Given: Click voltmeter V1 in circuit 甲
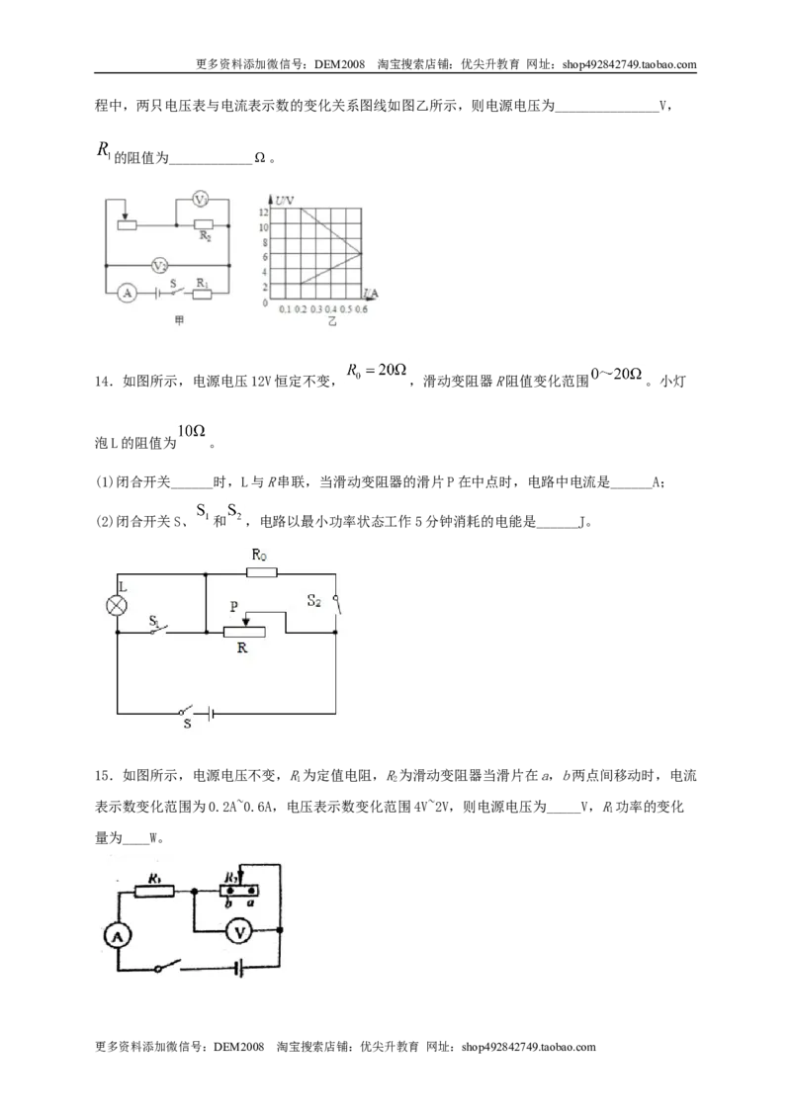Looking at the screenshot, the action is [x=202, y=199].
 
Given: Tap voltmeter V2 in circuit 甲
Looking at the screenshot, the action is [x=159, y=266].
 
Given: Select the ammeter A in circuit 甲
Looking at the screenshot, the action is [x=128, y=293].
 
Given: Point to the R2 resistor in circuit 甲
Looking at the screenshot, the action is [x=204, y=224].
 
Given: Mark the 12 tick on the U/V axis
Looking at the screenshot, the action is [x=263, y=212].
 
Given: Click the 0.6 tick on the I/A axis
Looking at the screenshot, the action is [x=361, y=309].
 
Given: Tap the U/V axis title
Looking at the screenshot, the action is [x=284, y=201].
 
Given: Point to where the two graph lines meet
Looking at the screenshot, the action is [x=361, y=253].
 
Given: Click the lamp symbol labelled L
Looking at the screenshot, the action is [x=117, y=606].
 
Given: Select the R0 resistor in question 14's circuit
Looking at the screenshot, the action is [x=261, y=572].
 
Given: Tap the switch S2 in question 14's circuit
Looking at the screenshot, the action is [x=336, y=604].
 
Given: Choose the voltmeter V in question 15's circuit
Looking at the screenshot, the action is [x=239, y=931].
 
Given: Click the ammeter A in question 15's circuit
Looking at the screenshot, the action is [x=117, y=935].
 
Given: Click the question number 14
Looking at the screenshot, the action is [x=104, y=382].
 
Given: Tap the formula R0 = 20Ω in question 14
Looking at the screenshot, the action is [x=377, y=371].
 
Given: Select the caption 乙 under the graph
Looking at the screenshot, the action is [x=331, y=322].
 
